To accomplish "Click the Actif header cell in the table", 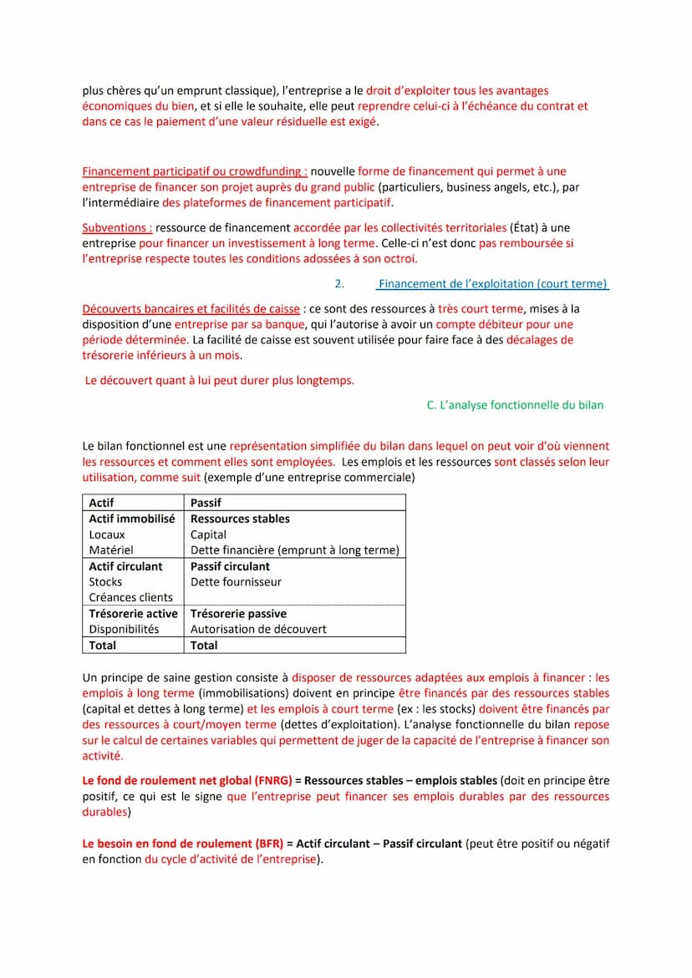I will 101,503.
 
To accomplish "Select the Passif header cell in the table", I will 206,503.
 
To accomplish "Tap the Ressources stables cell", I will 240,519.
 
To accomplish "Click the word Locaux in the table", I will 107,535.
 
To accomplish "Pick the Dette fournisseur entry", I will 236,582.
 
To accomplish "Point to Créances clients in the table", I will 130,597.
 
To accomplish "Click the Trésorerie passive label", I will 238,614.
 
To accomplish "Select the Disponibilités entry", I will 124,629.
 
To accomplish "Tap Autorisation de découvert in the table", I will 258,629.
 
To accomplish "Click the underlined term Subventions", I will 117,227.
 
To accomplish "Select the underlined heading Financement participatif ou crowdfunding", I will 194,171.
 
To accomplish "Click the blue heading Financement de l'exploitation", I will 492,284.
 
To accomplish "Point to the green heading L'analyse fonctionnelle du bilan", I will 515,405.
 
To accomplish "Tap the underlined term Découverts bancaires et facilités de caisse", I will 191,309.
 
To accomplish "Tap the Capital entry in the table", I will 208,535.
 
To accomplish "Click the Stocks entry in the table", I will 105,582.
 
